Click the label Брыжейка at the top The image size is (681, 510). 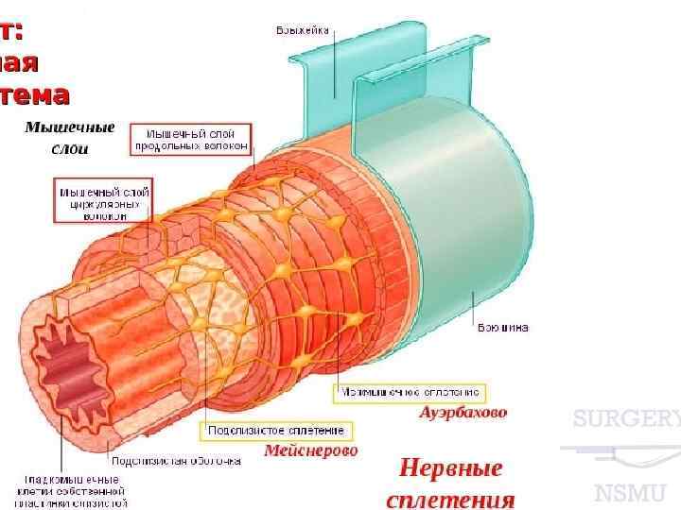(x=303, y=30)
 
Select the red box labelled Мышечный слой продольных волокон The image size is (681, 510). (x=192, y=139)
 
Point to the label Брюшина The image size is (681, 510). (x=502, y=328)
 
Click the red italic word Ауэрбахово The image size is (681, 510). (x=463, y=412)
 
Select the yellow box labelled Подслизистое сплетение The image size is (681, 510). (x=277, y=431)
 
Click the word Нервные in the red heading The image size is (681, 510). (x=450, y=468)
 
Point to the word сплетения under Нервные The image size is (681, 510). (x=450, y=499)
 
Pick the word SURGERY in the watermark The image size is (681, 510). (x=626, y=419)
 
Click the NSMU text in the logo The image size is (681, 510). (x=630, y=492)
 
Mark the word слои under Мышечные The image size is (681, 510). (x=70, y=148)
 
